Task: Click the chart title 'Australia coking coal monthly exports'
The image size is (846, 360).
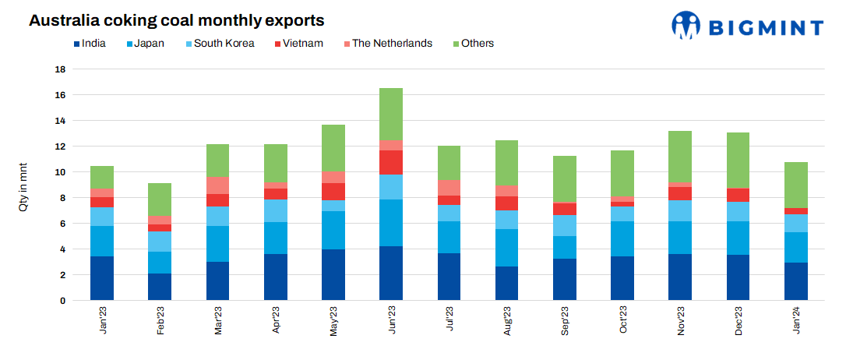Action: coord(177,20)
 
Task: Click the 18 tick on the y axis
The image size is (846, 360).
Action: coord(60,69)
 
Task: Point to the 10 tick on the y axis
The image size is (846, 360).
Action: coord(60,172)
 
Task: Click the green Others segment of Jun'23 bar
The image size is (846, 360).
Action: coord(391,114)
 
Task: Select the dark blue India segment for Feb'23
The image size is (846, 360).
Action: coord(160,287)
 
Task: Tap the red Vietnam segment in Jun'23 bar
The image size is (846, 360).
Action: coord(391,162)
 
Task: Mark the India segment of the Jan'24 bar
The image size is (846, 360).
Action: coord(795,281)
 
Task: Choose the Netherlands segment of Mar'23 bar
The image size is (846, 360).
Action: coord(218,185)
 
